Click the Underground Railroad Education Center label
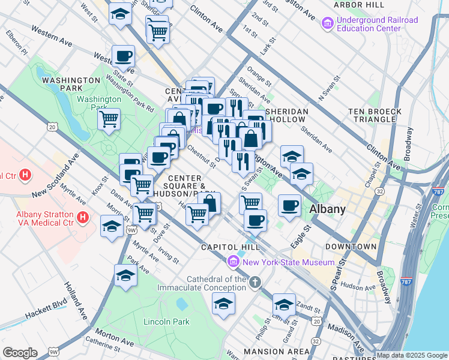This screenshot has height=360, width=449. pos(377,24)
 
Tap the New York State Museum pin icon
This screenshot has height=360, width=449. pos(233,262)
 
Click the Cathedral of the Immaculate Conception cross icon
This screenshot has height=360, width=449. pos(255,282)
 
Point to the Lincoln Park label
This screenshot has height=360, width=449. pos(166,322)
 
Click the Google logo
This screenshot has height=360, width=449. pos(20,353)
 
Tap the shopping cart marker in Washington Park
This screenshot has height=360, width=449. pos(109,118)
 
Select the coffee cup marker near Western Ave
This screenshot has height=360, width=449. pos(123,56)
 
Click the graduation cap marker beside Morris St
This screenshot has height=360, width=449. pos(112,227)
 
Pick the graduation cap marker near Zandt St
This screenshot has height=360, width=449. pos(284,304)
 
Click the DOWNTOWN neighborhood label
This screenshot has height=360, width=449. pos(351,247)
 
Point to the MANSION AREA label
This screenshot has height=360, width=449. pos(268,351)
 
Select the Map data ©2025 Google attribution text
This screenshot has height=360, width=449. pos(411,355)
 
